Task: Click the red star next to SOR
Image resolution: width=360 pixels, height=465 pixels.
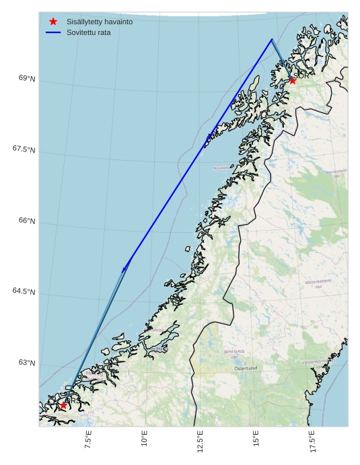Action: pyautogui.click(x=292, y=81)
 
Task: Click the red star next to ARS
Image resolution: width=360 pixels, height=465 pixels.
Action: pyautogui.click(x=63, y=405)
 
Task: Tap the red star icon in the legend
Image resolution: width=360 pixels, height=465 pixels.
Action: pyautogui.click(x=53, y=22)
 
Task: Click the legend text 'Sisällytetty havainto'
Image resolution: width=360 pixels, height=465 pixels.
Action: pyautogui.click(x=100, y=22)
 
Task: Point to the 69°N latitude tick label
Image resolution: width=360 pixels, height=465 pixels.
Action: pyautogui.click(x=27, y=79)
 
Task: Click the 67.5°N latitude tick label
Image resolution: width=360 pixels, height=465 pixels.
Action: pyautogui.click(x=24, y=149)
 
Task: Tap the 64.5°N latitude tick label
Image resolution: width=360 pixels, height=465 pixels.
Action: pyautogui.click(x=24, y=291)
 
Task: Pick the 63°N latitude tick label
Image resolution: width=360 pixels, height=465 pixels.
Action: pyautogui.click(x=27, y=363)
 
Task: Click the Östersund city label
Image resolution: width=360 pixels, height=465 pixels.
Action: pyautogui.click(x=246, y=369)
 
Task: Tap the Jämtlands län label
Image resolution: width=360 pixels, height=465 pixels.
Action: pyautogui.click(x=235, y=353)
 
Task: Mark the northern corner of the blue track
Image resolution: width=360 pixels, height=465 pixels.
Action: pyautogui.click(x=272, y=39)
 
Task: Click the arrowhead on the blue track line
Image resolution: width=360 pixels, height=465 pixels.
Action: pyautogui.click(x=124, y=268)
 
